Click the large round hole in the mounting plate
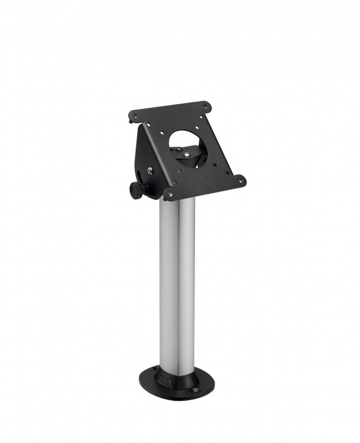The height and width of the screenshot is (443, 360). coord(186,140)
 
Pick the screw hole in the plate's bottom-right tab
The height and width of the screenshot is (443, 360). coord(241,180)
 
